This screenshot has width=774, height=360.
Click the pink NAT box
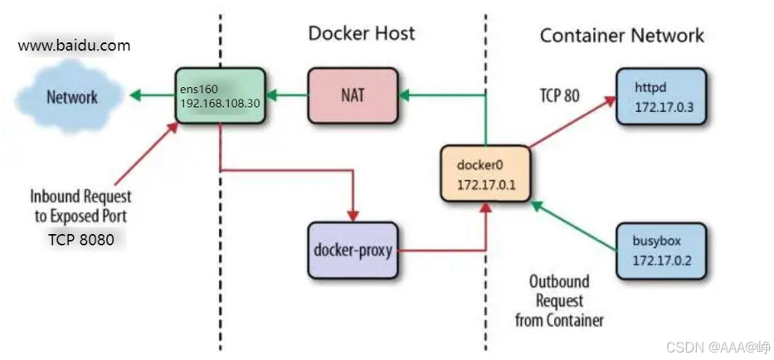coord(353,95)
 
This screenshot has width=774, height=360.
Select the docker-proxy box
coord(353,251)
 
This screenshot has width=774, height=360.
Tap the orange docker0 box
coord(485,173)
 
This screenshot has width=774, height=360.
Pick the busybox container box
coord(661,251)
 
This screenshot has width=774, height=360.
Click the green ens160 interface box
coord(220,95)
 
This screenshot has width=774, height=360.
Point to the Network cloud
coord(69,96)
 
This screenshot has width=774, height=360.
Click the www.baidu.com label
coord(74,46)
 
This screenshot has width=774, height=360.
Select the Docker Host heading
coord(362,33)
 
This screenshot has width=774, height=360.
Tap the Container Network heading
coord(622,36)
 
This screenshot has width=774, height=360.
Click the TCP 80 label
coord(559,95)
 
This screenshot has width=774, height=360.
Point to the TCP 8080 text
coord(81,240)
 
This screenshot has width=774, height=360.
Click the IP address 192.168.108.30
coord(220,105)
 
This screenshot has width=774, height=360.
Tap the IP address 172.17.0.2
coord(662,260)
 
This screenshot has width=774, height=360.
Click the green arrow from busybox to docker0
coord(573,226)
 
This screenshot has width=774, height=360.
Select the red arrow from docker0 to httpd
coord(572,122)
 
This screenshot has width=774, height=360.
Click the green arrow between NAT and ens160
coord(287,95)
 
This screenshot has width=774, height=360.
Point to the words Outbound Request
coord(559,291)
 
